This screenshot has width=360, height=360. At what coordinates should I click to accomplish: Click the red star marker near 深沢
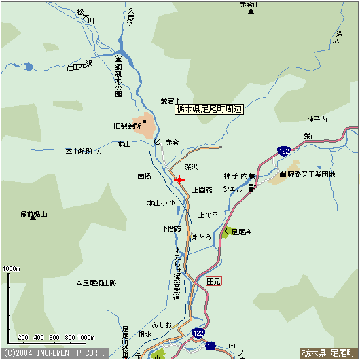click(179, 179)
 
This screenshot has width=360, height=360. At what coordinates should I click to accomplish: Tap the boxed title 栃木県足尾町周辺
click(209, 109)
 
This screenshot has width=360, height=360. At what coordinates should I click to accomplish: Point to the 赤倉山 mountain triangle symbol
click(251, 12)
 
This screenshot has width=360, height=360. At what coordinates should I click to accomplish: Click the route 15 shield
click(211, 346)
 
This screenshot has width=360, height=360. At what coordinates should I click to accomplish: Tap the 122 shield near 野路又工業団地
click(284, 151)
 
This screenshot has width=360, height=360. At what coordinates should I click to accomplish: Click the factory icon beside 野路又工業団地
click(281, 175)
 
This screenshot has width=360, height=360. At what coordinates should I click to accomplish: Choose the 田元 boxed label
click(213, 281)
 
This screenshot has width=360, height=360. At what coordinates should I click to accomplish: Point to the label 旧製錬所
click(127, 126)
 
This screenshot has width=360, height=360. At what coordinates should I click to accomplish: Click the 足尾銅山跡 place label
click(99, 283)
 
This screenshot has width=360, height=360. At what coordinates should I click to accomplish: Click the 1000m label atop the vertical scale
click(12, 269)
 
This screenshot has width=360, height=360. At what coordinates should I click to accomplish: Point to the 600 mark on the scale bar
click(52, 337)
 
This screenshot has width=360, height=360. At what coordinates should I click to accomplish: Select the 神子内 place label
click(317, 120)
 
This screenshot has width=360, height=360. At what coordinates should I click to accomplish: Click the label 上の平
click(208, 215)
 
